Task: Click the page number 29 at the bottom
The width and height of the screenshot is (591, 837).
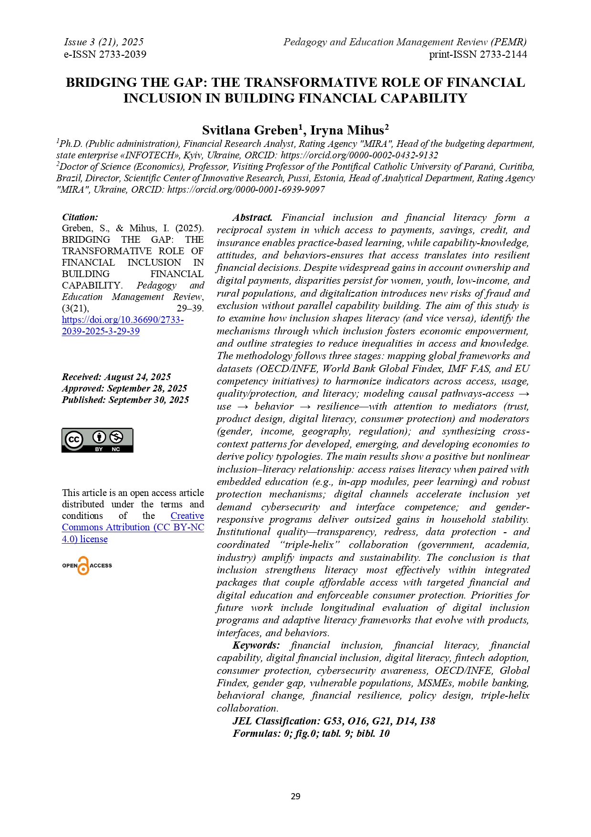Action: tap(295, 796)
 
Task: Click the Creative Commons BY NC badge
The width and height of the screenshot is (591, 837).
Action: tap(97, 440)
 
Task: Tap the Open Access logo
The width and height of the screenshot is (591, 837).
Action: tap(87, 566)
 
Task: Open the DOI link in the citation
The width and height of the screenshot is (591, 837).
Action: tap(122, 325)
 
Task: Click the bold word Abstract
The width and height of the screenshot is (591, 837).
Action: tap(252, 217)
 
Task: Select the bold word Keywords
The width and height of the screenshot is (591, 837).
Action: tap(256, 645)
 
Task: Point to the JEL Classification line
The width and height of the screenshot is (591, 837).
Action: tap(334, 721)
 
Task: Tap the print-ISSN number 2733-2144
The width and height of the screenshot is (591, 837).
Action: tap(503, 54)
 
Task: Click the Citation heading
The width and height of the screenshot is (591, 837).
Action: tap(80, 217)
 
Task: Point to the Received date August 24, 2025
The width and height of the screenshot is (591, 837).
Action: tap(116, 377)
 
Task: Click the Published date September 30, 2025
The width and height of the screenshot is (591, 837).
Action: tap(125, 400)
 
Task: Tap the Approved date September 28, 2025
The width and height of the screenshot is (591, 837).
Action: tap(124, 388)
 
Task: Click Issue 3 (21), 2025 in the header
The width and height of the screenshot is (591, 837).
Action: tap(103, 42)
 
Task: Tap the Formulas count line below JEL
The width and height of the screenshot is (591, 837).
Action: tap(311, 733)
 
